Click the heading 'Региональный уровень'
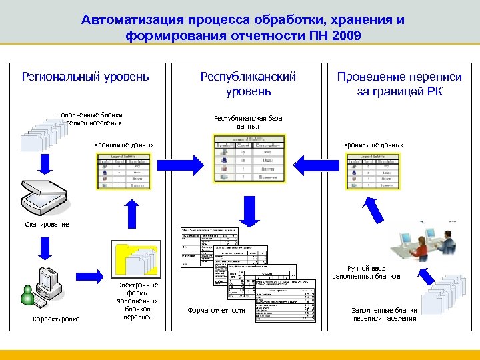coord(85,77)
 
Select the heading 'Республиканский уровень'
coord(248,83)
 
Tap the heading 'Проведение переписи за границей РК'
coord(399,84)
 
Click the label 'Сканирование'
coord(47,224)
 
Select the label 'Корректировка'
coord(56,319)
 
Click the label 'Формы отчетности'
coord(216,310)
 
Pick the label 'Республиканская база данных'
coord(248,122)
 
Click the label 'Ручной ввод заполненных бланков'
coord(366,271)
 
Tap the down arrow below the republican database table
coord(249,211)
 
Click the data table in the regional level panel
coord(124,171)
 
